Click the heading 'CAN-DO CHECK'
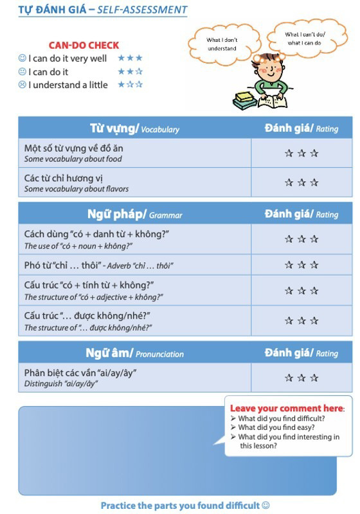[x=84, y=45]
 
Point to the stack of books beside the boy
[x=245, y=98]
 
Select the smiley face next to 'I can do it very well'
[x=22, y=58]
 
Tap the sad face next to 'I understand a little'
[x=22, y=85]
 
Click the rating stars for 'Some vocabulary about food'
[x=301, y=153]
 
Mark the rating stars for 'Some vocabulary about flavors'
[x=301, y=182]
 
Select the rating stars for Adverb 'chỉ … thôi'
[x=301, y=265]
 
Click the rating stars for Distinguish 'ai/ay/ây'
[x=301, y=378]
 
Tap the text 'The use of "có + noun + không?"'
[x=78, y=246]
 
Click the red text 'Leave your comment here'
[x=287, y=408]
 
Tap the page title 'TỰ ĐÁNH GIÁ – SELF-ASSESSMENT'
[x=103, y=10]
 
